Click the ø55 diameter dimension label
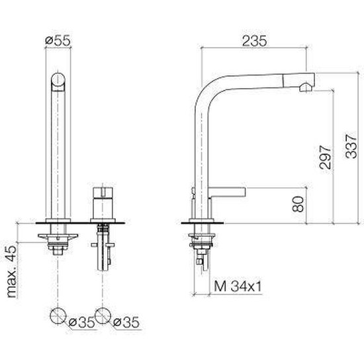pos(58,41)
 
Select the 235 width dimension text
pos(254,41)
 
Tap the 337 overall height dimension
pos(351,146)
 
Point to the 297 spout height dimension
pos(325,157)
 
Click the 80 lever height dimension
pos(298,204)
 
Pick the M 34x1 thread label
pos(238,286)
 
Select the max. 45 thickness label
pos(12,271)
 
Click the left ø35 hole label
pos(82,322)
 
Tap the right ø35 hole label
pos(126,322)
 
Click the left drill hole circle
pos(58,316)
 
